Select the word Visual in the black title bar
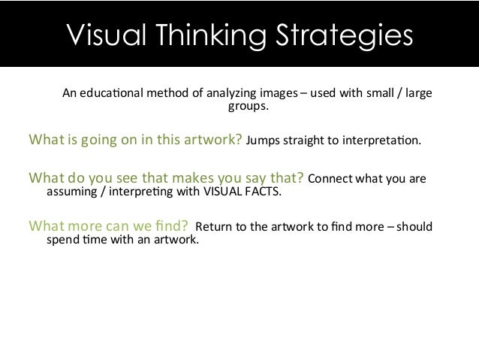click(101, 35)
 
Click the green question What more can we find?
click(107, 226)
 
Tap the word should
click(414, 227)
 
